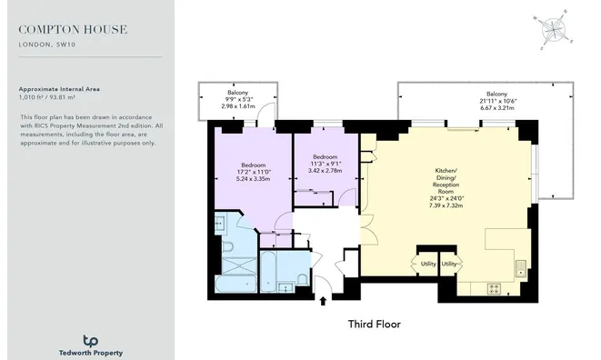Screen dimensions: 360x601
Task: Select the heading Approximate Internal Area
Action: point(59,89)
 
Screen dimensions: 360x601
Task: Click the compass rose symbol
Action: point(552,29)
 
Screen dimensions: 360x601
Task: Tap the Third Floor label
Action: point(375,324)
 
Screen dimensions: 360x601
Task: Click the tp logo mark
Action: point(89,339)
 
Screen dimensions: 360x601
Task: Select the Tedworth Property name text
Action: point(89,353)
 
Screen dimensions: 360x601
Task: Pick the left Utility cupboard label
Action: point(428,265)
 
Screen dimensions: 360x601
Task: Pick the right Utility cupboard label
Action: point(449,265)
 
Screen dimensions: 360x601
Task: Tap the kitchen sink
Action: point(519,267)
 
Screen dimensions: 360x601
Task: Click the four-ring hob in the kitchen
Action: point(496,288)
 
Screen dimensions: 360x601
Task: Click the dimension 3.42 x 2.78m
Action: point(325,170)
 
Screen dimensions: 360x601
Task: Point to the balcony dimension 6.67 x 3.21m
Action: point(496,107)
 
